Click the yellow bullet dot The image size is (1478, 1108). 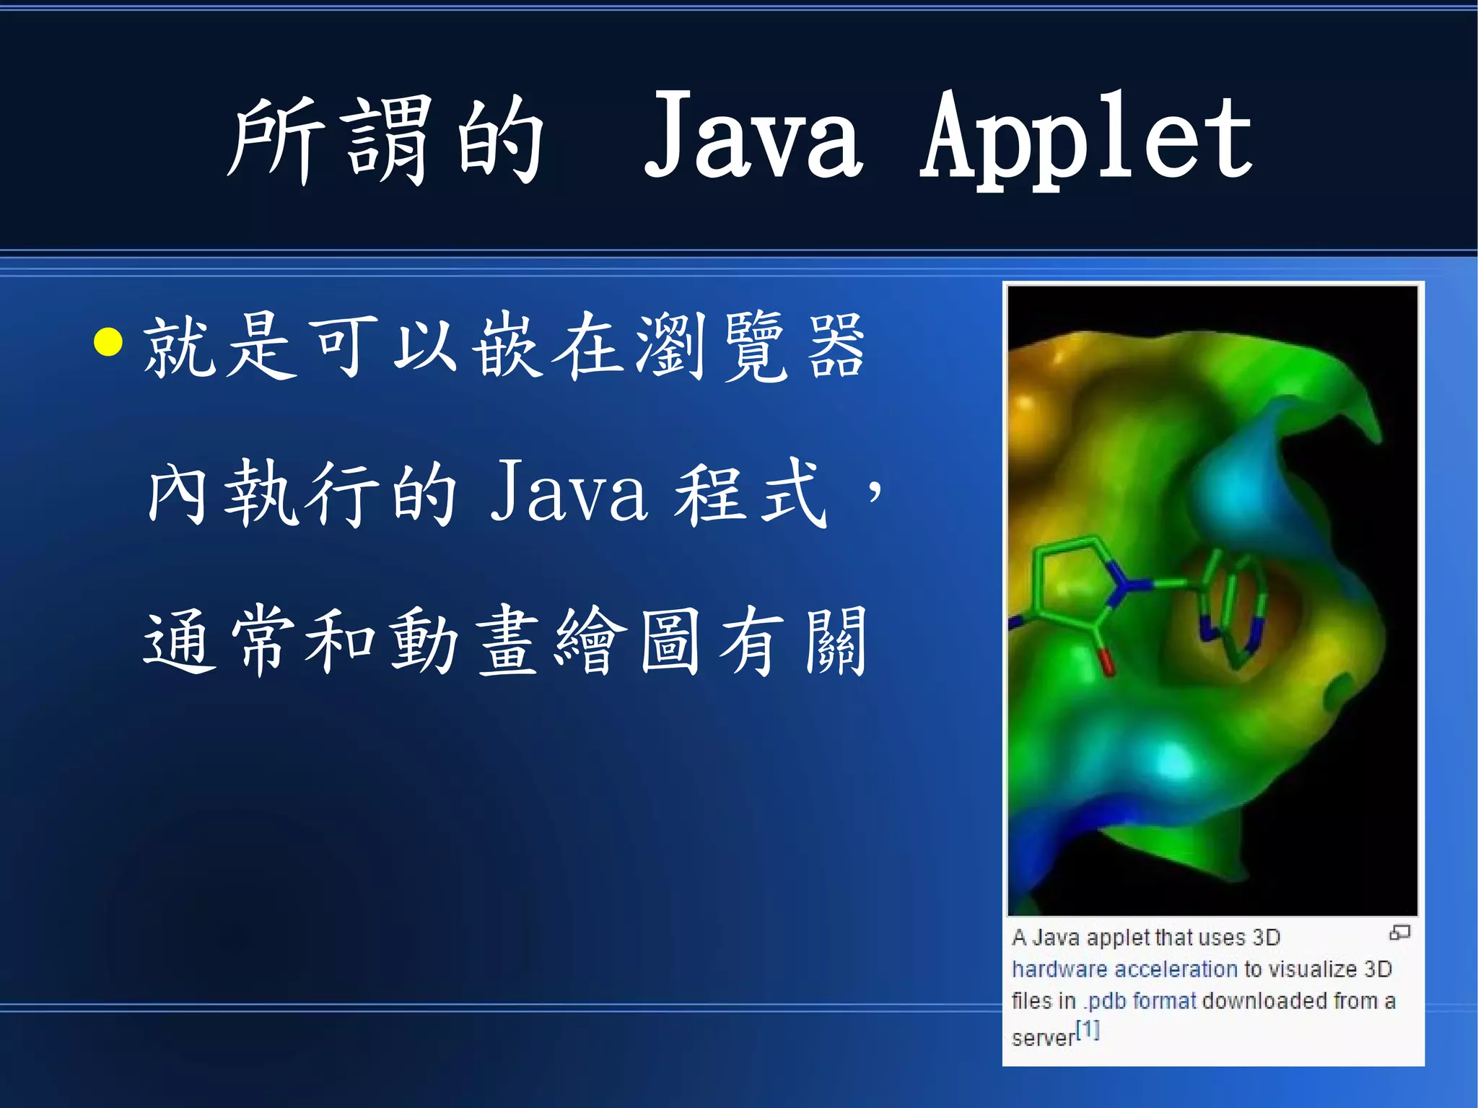tap(108, 342)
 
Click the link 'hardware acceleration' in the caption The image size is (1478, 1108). tap(1124, 969)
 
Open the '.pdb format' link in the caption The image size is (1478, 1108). tap(1140, 1001)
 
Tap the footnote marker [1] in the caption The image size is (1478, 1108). tap(1088, 1030)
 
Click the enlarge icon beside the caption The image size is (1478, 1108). tap(1399, 933)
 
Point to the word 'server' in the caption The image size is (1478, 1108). tap(1043, 1038)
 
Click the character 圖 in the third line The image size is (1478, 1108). tap(669, 641)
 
